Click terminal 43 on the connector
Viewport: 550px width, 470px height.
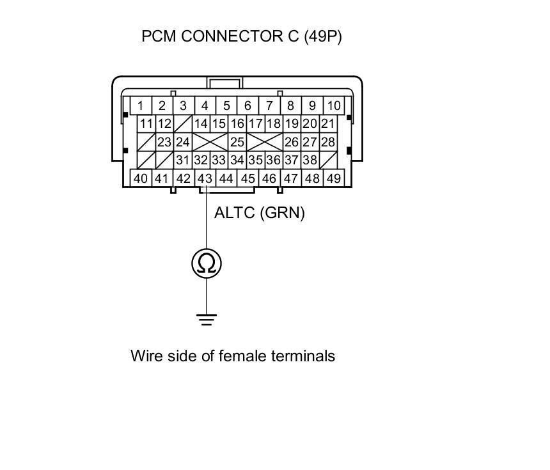[205, 178]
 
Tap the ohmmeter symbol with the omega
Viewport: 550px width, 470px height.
[206, 263]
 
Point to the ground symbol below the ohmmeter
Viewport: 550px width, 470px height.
[206, 319]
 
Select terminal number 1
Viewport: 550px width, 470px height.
[140, 106]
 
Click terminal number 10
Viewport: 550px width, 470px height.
[333, 106]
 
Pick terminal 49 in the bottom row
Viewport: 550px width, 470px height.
[333, 178]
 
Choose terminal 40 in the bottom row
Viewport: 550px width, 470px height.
[140, 178]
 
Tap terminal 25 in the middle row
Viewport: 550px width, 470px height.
[237, 142]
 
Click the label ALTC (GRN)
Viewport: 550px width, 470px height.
[259, 212]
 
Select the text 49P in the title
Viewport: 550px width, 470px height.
[322, 36]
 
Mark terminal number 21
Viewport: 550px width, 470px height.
[328, 124]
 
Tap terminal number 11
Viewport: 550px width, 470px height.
[146, 124]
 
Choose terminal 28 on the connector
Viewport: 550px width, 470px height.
[328, 142]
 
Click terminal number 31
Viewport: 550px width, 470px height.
[183, 161]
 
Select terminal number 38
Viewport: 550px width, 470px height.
[310, 161]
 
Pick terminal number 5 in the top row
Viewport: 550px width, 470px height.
[226, 106]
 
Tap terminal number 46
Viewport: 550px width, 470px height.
[269, 178]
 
